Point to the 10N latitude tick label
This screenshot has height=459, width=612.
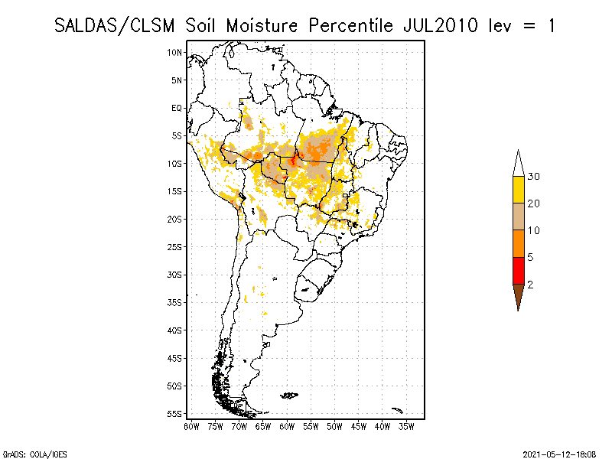(x=175, y=52)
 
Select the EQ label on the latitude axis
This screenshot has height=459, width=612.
(x=177, y=108)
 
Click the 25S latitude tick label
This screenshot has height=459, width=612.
(x=175, y=246)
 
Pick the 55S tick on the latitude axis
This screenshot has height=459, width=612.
(x=175, y=413)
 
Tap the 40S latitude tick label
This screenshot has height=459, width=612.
(x=175, y=330)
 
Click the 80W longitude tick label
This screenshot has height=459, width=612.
(x=191, y=426)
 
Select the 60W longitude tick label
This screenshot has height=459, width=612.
(x=287, y=426)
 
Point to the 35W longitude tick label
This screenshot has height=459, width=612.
(x=406, y=426)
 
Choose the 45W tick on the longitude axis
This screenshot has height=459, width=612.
(x=359, y=426)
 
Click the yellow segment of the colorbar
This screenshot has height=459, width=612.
(x=518, y=190)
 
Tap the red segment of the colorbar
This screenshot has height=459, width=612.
(x=518, y=270)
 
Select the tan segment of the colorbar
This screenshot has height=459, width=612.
(x=518, y=216)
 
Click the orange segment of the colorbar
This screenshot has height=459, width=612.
(x=518, y=243)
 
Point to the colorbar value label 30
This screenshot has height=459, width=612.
(x=534, y=177)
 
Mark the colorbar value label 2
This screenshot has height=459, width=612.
(x=530, y=284)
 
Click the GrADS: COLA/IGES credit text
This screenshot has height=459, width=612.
(x=28, y=453)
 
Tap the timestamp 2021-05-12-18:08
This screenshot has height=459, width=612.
(x=559, y=453)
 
